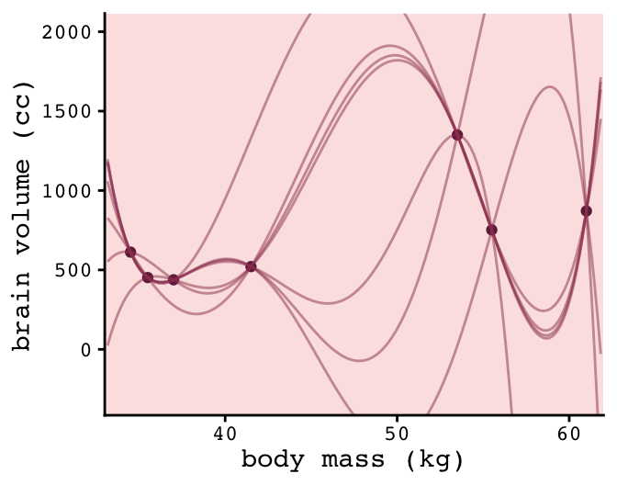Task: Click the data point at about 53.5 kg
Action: (x=457, y=135)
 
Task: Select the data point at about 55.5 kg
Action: (x=491, y=230)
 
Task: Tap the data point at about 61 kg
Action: (x=586, y=210)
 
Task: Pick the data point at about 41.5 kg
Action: (x=251, y=266)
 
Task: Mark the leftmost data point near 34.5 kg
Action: (x=130, y=252)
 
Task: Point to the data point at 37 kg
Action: (x=174, y=279)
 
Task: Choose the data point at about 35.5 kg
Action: (x=148, y=276)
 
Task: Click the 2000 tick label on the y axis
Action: (x=72, y=32)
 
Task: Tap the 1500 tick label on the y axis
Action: (x=72, y=111)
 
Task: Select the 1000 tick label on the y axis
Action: (x=72, y=191)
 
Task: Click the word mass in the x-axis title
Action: (x=355, y=459)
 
